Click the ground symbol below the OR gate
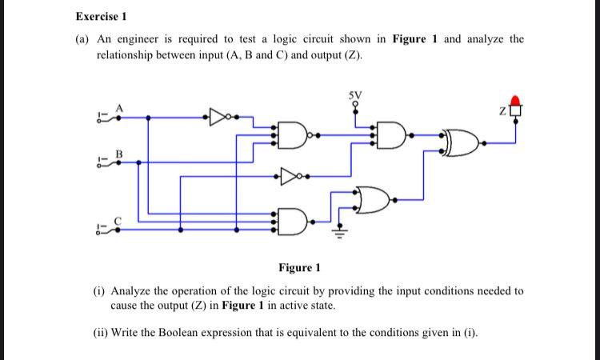(x=337, y=235)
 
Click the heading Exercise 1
(x=101, y=16)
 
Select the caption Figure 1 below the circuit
(x=299, y=267)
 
